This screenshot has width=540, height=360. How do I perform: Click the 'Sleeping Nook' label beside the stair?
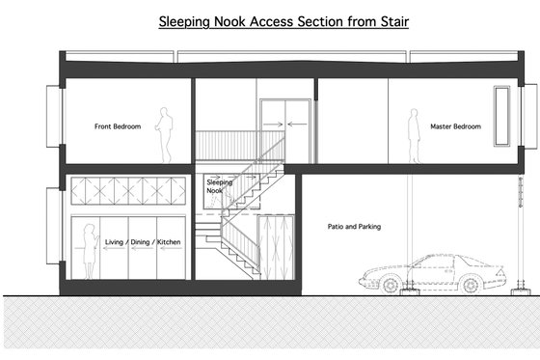[218, 186]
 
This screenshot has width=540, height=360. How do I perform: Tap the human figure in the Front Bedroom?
[166, 135]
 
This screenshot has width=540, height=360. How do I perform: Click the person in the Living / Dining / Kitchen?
[88, 250]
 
